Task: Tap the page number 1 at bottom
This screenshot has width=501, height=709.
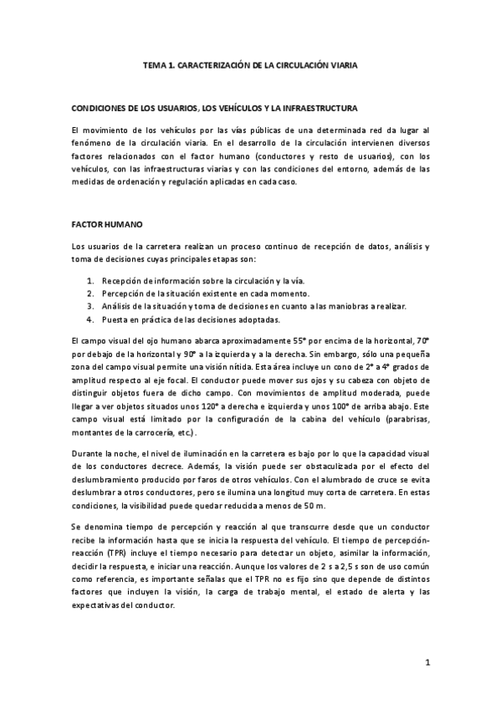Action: tap(427, 664)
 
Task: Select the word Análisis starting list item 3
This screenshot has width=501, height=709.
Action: tap(117, 307)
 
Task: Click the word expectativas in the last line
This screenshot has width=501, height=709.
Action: tap(100, 604)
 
